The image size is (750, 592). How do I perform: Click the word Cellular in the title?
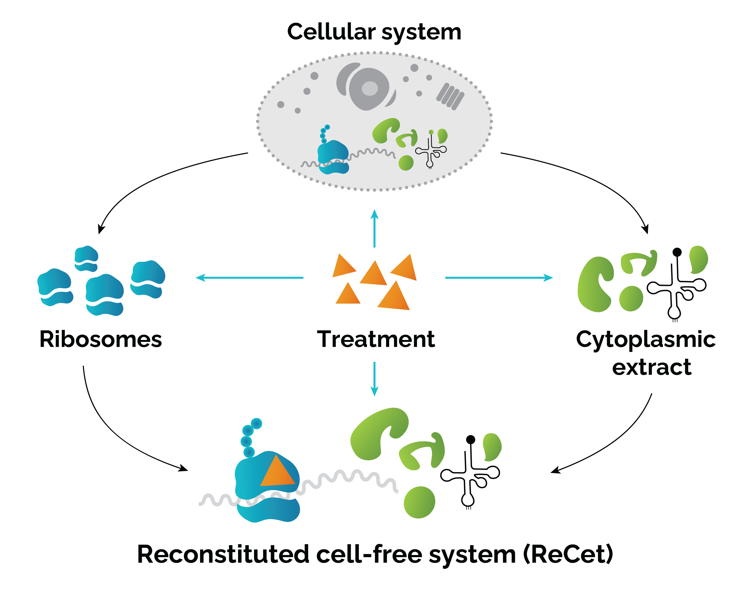[331, 32]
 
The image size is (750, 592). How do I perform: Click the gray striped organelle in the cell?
[450, 96]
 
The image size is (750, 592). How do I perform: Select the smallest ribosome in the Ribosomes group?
[86, 259]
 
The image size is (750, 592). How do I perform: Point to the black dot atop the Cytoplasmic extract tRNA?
[677, 252]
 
